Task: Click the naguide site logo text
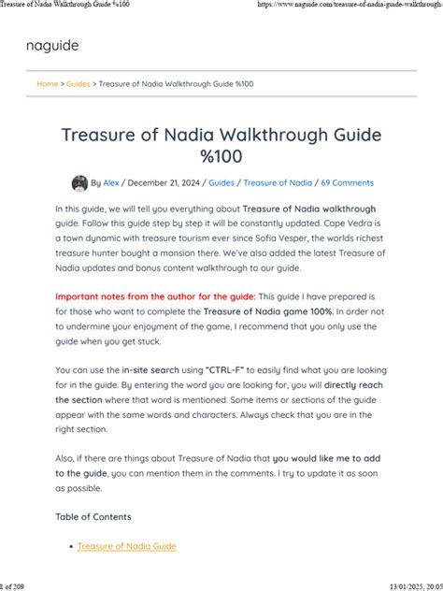click(52, 45)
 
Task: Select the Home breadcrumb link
click(47, 83)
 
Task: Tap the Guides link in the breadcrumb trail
click(79, 83)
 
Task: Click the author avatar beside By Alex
click(79, 183)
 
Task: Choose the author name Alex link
click(112, 183)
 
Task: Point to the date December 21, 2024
click(164, 183)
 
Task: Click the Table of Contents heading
click(93, 516)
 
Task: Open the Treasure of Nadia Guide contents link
click(126, 546)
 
